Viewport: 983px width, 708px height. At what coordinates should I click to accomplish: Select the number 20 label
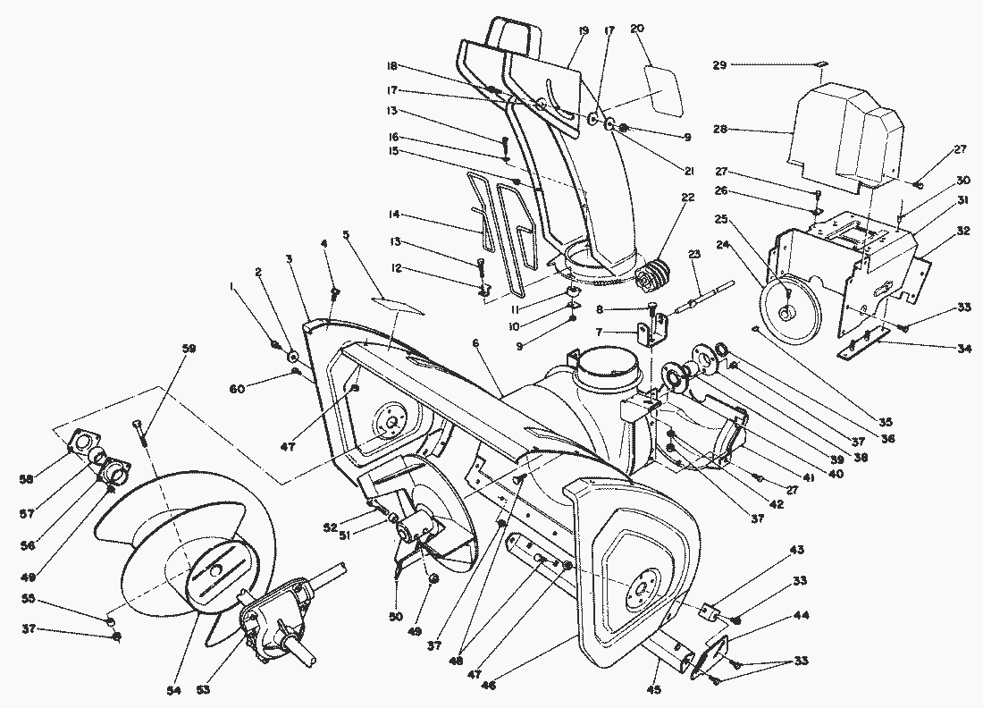[x=637, y=29]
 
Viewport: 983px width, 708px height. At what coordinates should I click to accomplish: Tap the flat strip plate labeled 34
[x=863, y=344]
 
